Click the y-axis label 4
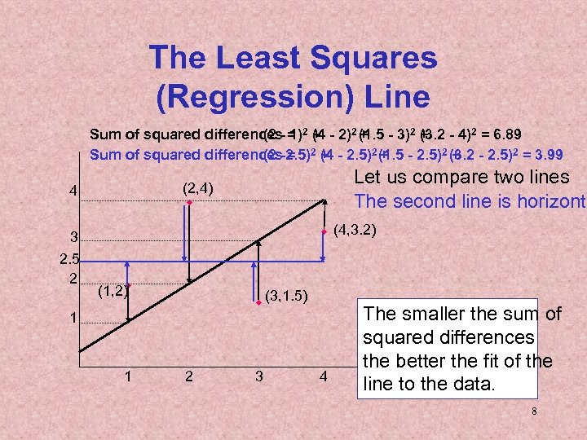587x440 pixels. [x=73, y=192]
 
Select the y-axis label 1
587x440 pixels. [x=73, y=317]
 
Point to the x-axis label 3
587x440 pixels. [x=259, y=377]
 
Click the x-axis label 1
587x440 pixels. [x=128, y=377]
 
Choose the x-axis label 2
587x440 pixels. [x=189, y=377]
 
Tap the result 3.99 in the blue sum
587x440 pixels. [x=546, y=154]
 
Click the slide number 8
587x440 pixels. [x=534, y=411]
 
